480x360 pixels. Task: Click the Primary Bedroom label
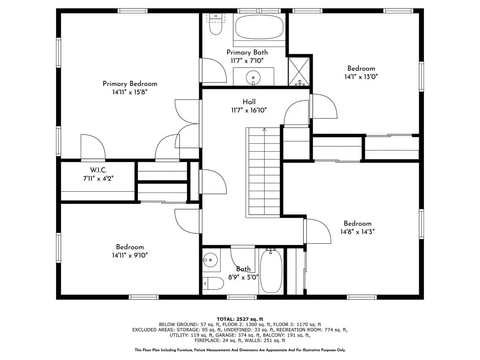pos(130,84)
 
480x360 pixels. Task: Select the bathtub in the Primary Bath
pos(259,27)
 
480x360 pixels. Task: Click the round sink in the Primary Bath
pos(253,78)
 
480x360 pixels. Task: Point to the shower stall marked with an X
pos(299,72)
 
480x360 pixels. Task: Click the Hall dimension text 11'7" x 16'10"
pos(249,110)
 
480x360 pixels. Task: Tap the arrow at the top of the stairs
pos(265,130)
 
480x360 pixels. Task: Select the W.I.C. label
pos(98,170)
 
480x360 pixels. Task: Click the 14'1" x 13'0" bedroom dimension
pos(361,77)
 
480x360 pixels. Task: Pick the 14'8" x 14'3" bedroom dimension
pos(358,232)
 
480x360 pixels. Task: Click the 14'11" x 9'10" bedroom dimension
pos(130,255)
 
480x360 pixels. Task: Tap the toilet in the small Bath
pos(213,283)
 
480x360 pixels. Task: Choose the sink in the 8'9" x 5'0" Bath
pos(210,260)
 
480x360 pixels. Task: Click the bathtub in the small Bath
pos(271,272)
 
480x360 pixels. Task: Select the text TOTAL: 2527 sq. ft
pos(240,319)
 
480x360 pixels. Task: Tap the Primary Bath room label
pos(247,52)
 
